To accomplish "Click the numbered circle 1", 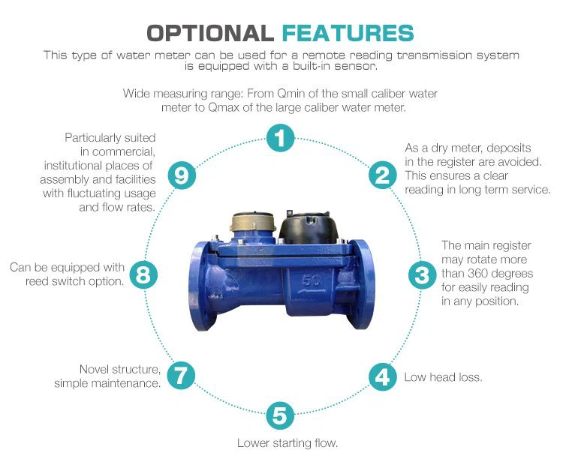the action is tap(280, 138).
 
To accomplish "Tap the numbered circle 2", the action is tap(383, 175).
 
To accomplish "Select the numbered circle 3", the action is tap(422, 275).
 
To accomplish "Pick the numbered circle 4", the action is tap(383, 376).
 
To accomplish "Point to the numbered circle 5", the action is tap(280, 415).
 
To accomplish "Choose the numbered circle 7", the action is tap(182, 376).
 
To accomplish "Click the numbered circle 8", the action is tap(143, 275).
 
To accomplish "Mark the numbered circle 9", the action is tap(182, 175).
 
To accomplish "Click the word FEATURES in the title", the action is tap(348, 33).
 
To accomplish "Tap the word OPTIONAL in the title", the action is tap(210, 33).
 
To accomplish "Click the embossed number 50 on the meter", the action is tap(312, 280).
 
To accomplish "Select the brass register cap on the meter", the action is tap(254, 222).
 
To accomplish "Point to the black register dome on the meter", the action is tap(309, 226).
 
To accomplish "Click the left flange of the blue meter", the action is tap(202, 286).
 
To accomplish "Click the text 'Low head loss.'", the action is tap(443, 377).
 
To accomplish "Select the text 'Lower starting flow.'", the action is tap(288, 442).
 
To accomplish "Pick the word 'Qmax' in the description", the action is tap(224, 108).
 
